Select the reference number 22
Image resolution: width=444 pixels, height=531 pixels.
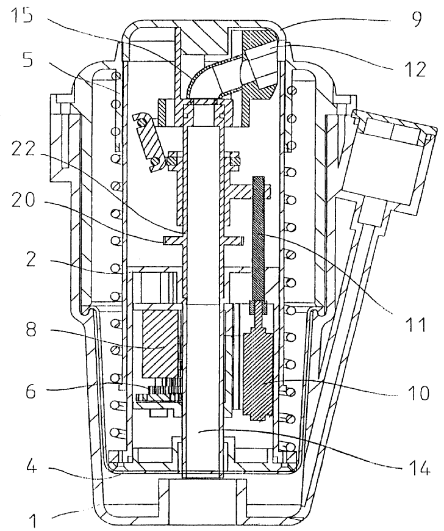23,150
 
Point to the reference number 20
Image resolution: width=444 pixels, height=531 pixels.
23,200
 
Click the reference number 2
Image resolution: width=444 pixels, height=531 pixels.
30,259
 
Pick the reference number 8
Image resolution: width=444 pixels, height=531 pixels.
30,328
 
